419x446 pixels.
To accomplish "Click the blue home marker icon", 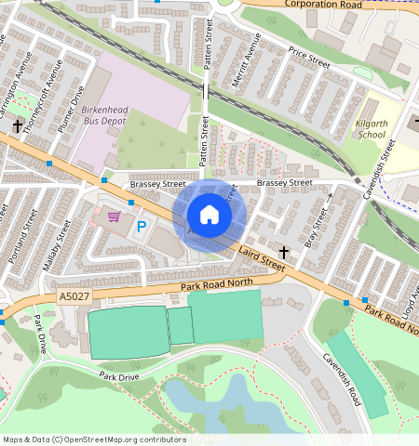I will tap(209, 215).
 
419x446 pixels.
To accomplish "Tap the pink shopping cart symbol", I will tap(114, 216).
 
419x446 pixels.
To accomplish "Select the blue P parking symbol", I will tap(142, 226).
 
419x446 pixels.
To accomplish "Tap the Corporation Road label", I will tap(321, 5).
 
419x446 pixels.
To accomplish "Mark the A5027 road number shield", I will tap(74, 295).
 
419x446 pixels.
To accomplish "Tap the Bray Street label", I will tap(317, 225).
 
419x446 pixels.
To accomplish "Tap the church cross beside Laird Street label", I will tap(284, 252).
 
